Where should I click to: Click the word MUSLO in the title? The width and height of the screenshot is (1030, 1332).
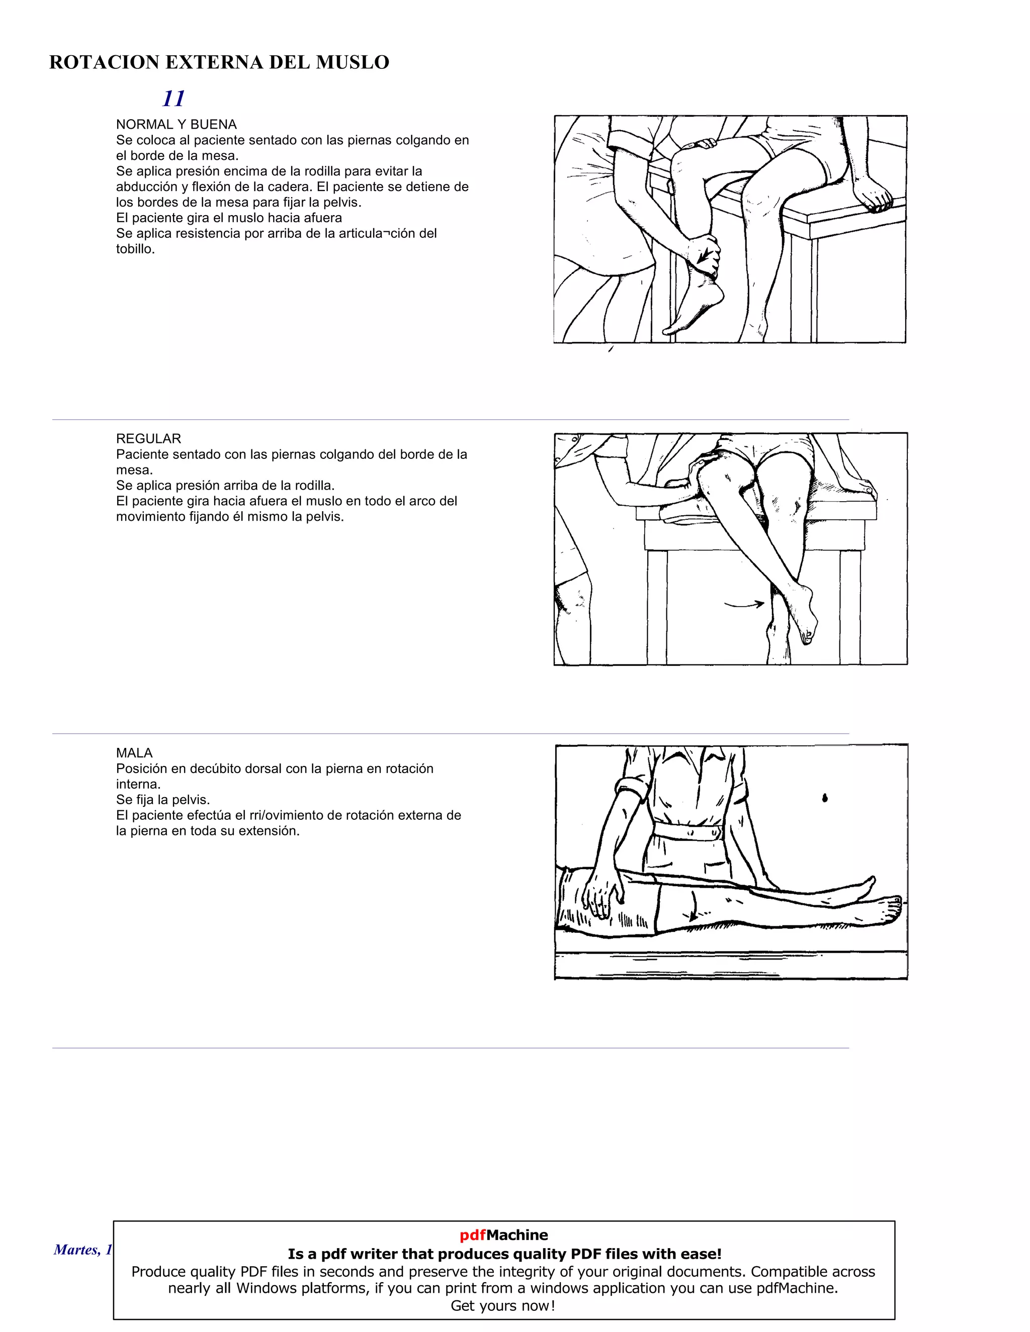(352, 62)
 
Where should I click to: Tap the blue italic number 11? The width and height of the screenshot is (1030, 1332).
(174, 98)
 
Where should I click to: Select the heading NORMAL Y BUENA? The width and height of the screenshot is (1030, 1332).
(177, 125)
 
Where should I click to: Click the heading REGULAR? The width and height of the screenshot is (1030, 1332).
(148, 438)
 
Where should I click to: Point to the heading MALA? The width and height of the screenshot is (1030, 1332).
(134, 752)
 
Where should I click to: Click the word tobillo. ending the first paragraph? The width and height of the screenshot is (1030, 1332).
(135, 249)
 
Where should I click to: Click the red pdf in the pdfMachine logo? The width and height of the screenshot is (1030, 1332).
(472, 1235)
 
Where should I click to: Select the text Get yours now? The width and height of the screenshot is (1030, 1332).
(503, 1306)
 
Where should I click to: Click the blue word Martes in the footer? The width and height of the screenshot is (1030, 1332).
(75, 1250)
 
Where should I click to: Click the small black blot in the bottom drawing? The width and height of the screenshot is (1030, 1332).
(825, 797)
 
